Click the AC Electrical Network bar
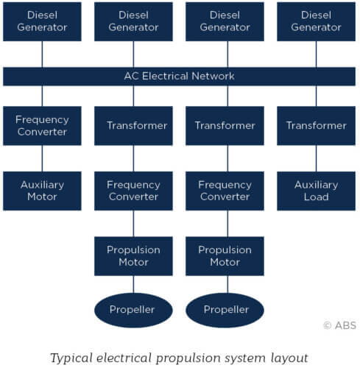point(179,77)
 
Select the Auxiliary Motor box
point(42,191)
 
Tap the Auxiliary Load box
point(316,191)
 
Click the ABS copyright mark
point(340,325)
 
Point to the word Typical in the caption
point(71,358)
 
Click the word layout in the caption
point(289,358)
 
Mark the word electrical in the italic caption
point(124,358)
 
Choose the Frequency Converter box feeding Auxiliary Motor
point(42,126)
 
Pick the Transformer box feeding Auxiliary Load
point(316,126)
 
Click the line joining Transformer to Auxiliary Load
point(316,158)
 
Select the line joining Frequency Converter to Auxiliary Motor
point(42,158)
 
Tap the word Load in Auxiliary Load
point(317,197)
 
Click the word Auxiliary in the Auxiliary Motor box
point(42,185)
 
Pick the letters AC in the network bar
point(132,76)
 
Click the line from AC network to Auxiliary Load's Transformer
point(316,96)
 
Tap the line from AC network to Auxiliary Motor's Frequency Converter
point(42,96)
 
